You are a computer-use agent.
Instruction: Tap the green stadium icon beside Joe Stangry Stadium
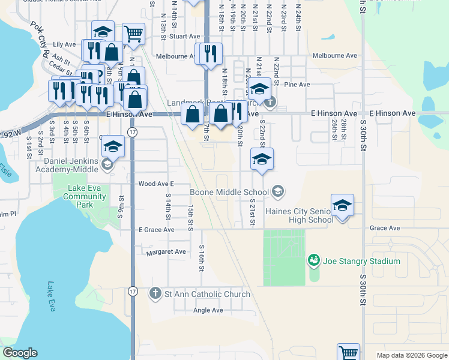coord(313,260)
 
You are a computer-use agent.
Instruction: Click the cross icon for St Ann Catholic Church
coord(155,293)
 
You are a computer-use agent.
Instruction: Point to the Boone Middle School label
coord(230,193)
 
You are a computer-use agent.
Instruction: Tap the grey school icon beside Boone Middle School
coord(277,192)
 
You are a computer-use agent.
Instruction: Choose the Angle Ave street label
coord(208,310)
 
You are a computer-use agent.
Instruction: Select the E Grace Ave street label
coord(156,230)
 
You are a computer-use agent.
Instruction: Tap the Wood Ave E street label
coord(155,184)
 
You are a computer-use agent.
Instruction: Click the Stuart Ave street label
coord(183,36)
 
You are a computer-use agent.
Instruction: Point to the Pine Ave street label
coord(297,85)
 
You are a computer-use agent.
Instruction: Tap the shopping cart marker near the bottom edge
coord(348,353)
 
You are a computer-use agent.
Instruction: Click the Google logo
coord(19,353)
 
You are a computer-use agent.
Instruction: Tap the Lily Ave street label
coord(64,44)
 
